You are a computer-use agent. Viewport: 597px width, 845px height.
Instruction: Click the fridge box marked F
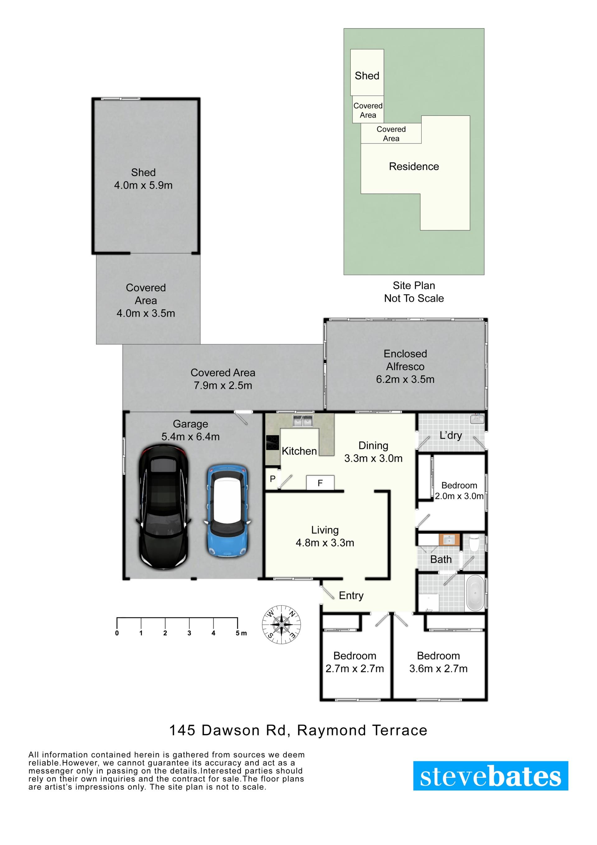click(320, 483)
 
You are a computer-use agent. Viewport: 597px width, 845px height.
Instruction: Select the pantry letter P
click(273, 479)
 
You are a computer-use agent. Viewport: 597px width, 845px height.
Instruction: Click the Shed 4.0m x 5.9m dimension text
click(143, 185)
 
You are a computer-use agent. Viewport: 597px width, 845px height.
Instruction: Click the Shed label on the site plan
click(367, 76)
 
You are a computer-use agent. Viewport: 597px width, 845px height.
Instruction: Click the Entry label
click(351, 595)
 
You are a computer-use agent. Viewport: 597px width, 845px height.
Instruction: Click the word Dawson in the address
click(231, 730)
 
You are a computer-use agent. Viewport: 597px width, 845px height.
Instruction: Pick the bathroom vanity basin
click(450, 540)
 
